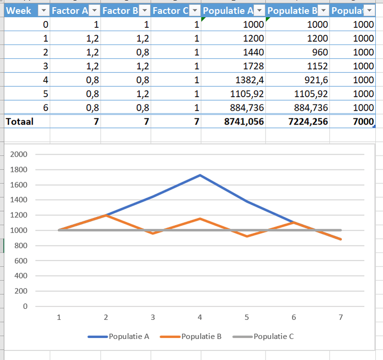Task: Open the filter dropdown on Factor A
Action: pos(94,11)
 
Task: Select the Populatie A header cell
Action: pos(228,10)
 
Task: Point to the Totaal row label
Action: pos(20,122)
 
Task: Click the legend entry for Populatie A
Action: pos(119,337)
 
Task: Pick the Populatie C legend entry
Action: pos(264,337)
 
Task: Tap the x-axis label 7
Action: pos(340,317)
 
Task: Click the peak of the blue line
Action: pos(200,175)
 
